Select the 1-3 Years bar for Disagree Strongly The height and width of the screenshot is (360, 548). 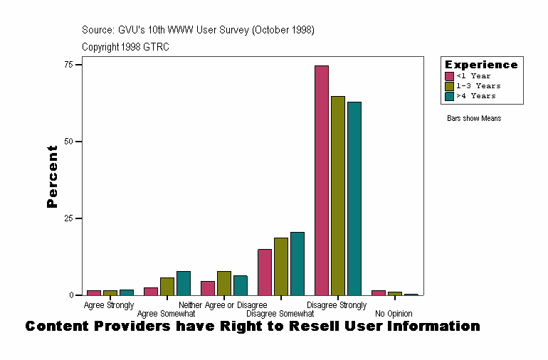click(338, 196)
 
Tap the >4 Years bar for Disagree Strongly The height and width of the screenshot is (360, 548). click(354, 198)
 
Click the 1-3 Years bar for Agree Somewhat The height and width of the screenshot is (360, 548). click(167, 286)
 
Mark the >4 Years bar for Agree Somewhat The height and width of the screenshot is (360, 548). click(184, 283)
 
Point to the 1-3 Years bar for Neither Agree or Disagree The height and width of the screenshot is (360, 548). click(224, 283)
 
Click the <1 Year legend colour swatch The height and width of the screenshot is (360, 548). click(450, 76)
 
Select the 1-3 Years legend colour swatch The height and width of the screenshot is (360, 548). click(450, 86)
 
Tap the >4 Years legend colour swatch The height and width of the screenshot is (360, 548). click(450, 96)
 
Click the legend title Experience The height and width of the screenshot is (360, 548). click(481, 65)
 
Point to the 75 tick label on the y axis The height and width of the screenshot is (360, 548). click(69, 65)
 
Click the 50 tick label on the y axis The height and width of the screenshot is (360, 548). click(69, 142)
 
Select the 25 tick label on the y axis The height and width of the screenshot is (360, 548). click(69, 218)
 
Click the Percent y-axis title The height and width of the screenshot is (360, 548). click(52, 176)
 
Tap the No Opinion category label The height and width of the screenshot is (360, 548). click(394, 314)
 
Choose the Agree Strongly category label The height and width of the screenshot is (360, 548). click(109, 305)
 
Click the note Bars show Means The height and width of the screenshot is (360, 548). click(474, 118)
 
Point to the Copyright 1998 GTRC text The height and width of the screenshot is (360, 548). click(125, 47)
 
